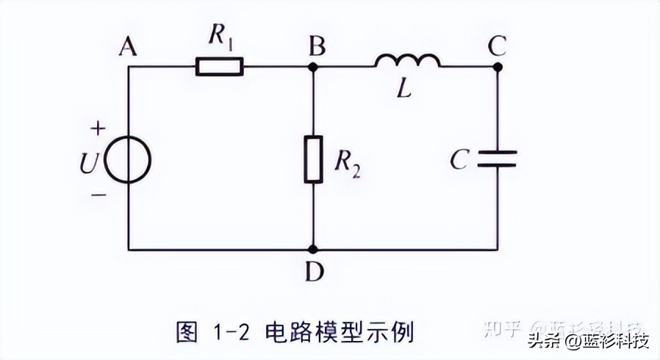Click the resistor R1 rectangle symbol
[x=219, y=67]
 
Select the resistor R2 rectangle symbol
[x=313, y=159]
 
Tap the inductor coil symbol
[x=407, y=61]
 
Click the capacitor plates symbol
[x=497, y=158]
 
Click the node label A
[x=128, y=47]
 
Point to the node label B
[x=318, y=47]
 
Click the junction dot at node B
[x=313, y=67]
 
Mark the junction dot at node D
[x=313, y=250]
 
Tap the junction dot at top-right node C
[x=497, y=67]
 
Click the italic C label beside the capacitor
[x=459, y=160]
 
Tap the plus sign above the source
[x=97, y=129]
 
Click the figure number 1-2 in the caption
[x=232, y=333]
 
